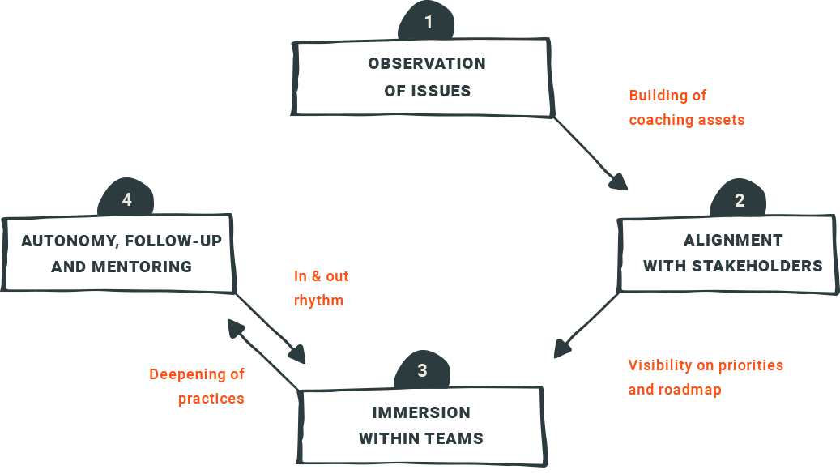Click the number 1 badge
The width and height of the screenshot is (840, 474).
[426, 21]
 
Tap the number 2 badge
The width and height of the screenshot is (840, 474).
[738, 199]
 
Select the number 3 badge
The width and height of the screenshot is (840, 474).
[422, 369]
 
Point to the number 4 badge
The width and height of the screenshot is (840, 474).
[126, 199]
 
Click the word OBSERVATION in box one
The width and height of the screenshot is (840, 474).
[427, 64]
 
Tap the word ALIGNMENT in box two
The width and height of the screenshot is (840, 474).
[733, 240]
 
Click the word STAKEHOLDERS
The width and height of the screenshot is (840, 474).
[757, 266]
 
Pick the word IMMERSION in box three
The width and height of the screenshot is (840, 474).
[421, 412]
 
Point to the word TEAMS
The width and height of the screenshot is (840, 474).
[454, 438]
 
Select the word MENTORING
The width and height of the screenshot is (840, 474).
[142, 267]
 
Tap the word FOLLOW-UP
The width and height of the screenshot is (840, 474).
[173, 241]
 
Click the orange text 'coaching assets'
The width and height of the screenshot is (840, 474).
[687, 120]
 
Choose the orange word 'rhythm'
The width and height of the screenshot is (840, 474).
[319, 301]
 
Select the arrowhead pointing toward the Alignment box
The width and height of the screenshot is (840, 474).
[619, 181]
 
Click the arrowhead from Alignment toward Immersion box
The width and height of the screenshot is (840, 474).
[563, 348]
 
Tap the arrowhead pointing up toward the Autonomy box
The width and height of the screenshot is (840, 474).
[237, 328]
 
